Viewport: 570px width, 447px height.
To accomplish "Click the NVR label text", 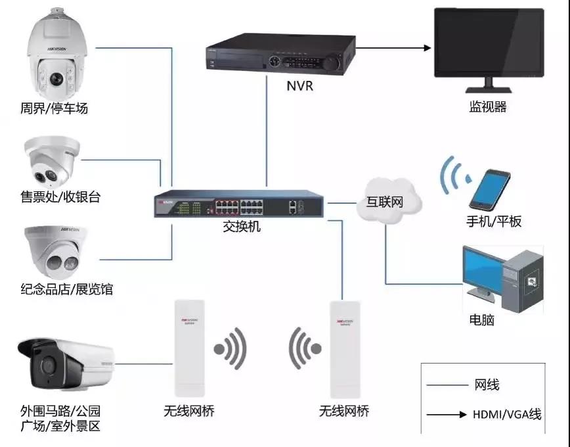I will (300, 86).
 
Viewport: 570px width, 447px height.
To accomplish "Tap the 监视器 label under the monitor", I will (487, 107).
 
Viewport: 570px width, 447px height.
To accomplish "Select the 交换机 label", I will (241, 226).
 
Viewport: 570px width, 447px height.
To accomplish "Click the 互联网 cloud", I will (389, 200).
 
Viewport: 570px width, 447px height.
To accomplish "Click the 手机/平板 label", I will (493, 222).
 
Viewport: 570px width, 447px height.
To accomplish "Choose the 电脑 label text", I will (481, 320).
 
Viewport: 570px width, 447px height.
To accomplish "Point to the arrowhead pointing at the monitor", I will (426, 47).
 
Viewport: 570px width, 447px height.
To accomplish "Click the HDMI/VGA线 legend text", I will (507, 414).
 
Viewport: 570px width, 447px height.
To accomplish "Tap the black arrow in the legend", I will (446, 414).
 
